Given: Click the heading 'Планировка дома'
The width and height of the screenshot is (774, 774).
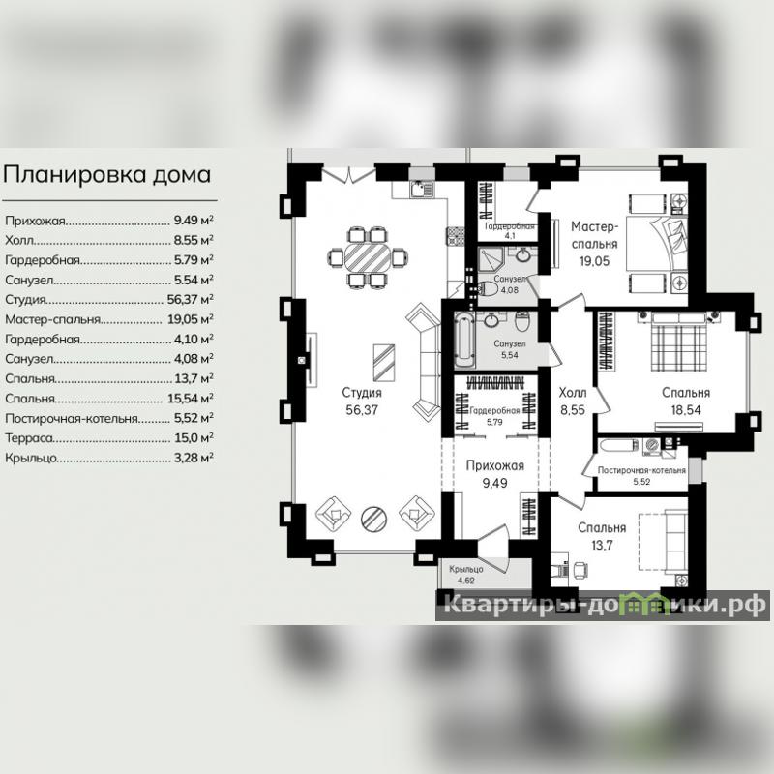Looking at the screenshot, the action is (x=106, y=175).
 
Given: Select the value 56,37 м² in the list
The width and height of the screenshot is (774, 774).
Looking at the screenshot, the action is (x=190, y=299).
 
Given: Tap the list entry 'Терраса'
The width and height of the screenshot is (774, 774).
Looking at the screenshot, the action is (x=29, y=438).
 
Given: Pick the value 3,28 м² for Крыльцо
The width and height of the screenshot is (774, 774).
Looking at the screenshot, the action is (x=193, y=458).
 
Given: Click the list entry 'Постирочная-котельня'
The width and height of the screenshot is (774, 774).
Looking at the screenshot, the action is (x=71, y=419).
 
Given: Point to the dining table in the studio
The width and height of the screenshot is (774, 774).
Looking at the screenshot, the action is (x=368, y=256).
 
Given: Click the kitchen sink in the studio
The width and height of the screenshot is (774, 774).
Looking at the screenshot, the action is (x=422, y=190).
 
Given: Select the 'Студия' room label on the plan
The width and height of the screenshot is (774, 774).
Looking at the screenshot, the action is (x=362, y=393).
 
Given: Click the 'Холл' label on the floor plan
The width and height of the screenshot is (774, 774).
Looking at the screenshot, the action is (x=573, y=393).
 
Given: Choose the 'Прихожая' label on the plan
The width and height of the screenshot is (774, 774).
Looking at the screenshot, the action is (x=495, y=465).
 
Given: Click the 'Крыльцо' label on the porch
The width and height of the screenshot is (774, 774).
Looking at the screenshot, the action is (x=466, y=569).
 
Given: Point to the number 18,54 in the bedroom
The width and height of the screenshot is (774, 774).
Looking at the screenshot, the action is (x=686, y=410).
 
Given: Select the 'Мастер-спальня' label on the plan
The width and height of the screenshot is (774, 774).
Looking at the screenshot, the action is (x=594, y=235).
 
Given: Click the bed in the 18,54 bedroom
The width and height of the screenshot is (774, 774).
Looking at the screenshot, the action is (x=679, y=341).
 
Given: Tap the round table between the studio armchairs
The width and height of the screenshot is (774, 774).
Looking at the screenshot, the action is (x=373, y=518).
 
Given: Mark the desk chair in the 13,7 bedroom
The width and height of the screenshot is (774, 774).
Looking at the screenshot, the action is (x=580, y=571).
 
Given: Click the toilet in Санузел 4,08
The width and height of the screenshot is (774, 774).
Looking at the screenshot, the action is (x=489, y=288).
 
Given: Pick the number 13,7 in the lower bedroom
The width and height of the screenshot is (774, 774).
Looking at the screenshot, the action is (x=602, y=546).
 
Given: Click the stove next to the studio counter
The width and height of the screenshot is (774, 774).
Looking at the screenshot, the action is (x=456, y=236).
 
